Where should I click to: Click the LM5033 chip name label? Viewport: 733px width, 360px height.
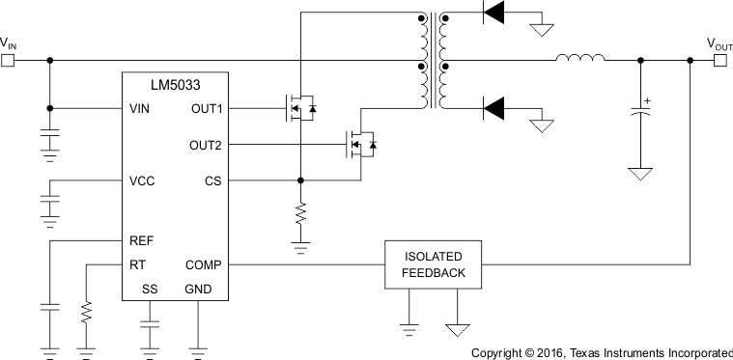(x=175, y=86)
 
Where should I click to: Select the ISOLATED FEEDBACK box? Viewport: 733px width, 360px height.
(x=435, y=264)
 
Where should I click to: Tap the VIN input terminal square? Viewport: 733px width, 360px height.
(x=8, y=60)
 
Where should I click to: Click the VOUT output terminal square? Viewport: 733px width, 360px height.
(x=719, y=60)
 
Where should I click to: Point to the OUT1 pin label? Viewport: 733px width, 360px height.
(x=207, y=108)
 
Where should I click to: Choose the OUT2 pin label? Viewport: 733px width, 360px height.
(x=207, y=145)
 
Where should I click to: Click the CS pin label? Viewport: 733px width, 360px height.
(x=214, y=180)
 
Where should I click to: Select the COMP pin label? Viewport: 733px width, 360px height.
(x=205, y=264)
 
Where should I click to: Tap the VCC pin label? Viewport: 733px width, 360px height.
(x=142, y=180)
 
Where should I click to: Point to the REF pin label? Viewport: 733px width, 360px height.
(x=141, y=240)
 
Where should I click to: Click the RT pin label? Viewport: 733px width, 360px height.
(x=137, y=264)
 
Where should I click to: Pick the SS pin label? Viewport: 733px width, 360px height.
(x=149, y=289)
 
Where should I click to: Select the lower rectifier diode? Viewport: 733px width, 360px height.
(x=493, y=107)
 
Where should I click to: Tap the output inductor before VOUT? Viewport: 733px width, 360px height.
(x=579, y=60)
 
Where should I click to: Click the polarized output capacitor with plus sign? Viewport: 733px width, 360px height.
(x=639, y=112)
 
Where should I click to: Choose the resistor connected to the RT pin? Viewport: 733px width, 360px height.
(x=86, y=312)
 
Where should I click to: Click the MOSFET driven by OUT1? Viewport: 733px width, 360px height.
(x=298, y=108)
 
